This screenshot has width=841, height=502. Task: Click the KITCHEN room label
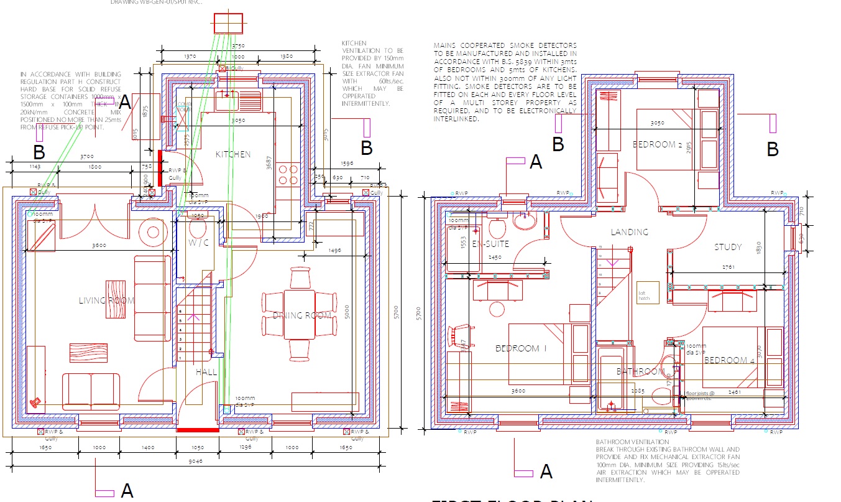pyautogui.click(x=233, y=154)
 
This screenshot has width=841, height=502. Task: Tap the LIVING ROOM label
pyautogui.click(x=107, y=300)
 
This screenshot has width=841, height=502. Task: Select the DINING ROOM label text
pyautogui.click(x=302, y=315)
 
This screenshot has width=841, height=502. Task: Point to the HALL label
pyautogui.click(x=206, y=372)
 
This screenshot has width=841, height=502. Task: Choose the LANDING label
pyautogui.click(x=629, y=232)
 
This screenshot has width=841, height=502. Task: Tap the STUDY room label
pyautogui.click(x=727, y=247)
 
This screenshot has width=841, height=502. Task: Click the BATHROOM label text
pyautogui.click(x=640, y=371)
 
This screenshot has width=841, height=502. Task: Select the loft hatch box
pyautogui.click(x=644, y=295)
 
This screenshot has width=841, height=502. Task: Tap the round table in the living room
pyautogui.click(x=153, y=233)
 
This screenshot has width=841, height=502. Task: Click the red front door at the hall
pyautogui.click(x=198, y=430)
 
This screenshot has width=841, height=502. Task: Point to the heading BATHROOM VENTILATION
pyautogui.click(x=628, y=442)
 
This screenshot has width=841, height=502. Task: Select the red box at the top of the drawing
pyautogui.click(x=228, y=24)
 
